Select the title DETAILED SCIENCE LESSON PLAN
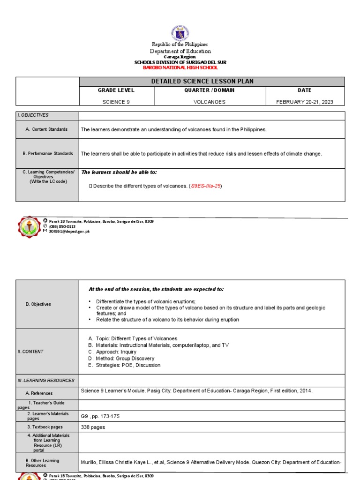pyautogui.click(x=202, y=82)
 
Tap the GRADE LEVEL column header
pyautogui.click(x=116, y=90)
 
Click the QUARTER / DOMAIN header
pyautogui.click(x=210, y=90)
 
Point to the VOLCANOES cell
pyautogui.click(x=210, y=102)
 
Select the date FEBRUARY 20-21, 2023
pyautogui.click(x=305, y=102)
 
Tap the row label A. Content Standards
pyautogui.click(x=47, y=129)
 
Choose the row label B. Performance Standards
pyautogui.click(x=47, y=153)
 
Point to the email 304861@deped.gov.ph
pyautogui.click(x=69, y=232)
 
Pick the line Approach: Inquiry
pyautogui.click(x=116, y=352)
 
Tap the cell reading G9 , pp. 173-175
pyautogui.click(x=100, y=416)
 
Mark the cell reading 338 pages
pyautogui.click(x=93, y=427)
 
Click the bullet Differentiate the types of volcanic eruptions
pyautogui.click(x=145, y=301)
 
